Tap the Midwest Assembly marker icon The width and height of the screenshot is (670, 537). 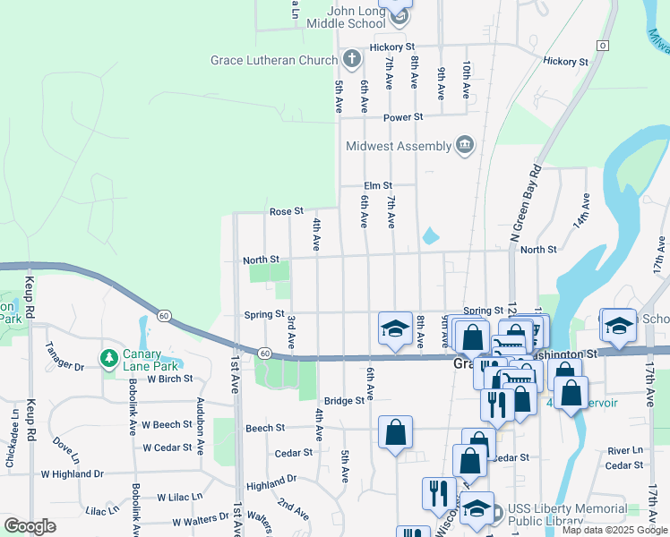tap(464, 146)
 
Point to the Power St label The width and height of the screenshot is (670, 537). tap(403, 117)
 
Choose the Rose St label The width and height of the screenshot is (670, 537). tap(287, 212)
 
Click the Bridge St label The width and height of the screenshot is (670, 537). tap(345, 401)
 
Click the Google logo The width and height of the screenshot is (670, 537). tap(30, 526)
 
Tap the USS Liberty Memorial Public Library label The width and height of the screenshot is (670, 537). tap(567, 515)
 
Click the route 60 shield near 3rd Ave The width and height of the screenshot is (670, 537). tap(265, 354)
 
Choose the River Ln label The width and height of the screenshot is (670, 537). tap(624, 450)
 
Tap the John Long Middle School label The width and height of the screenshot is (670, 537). tap(362, 17)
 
